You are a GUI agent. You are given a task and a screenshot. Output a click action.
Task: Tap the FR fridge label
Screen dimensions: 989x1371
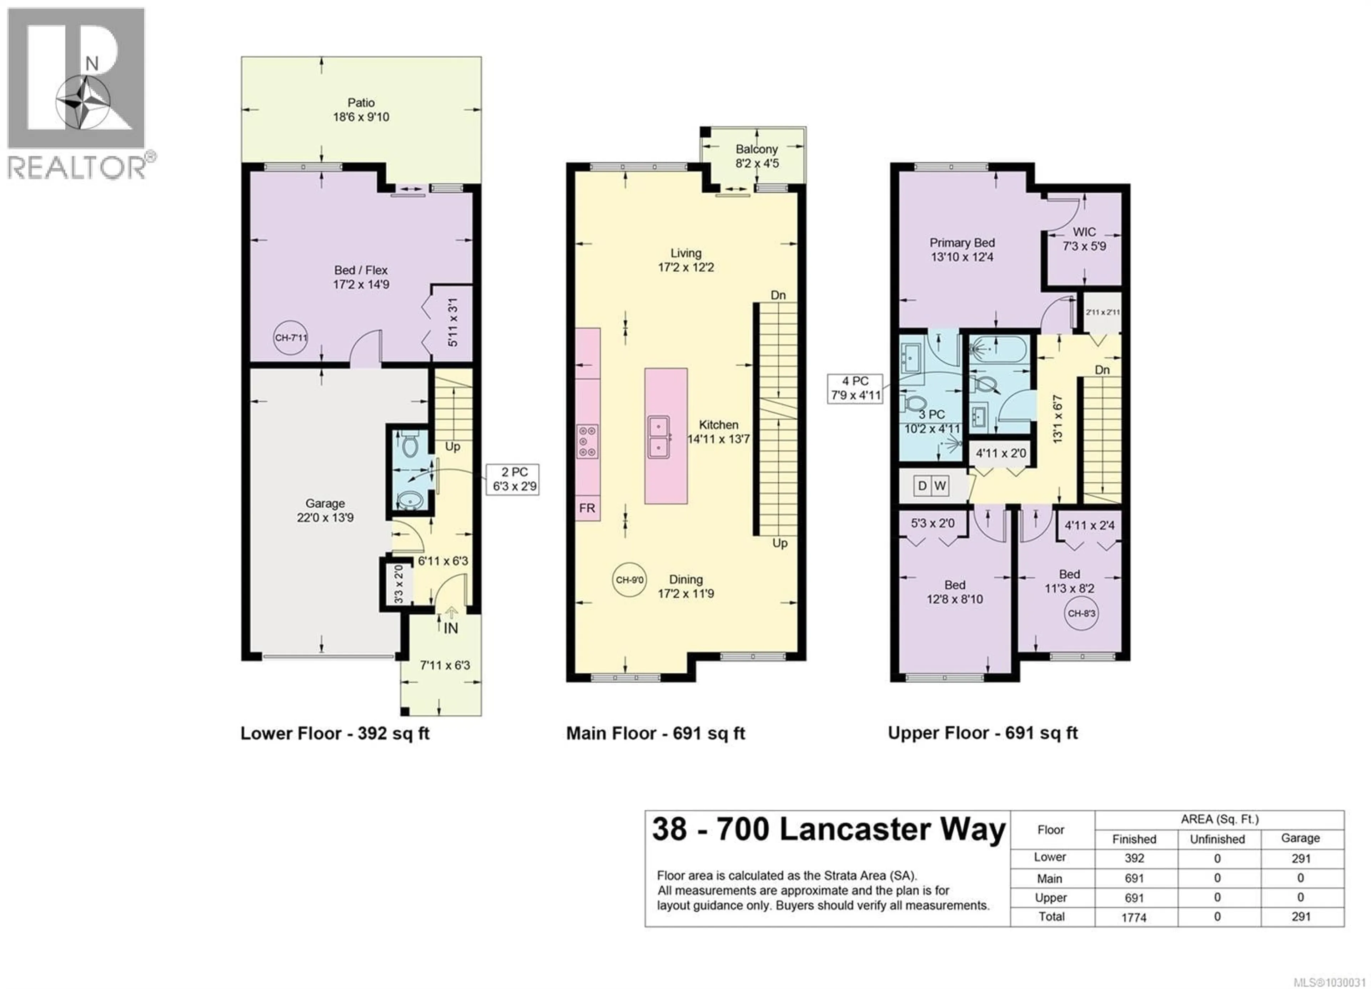(x=587, y=508)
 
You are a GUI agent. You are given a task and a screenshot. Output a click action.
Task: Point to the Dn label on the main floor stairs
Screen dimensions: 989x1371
(x=778, y=295)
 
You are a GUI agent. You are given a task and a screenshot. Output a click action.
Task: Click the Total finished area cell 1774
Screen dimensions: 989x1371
(x=1134, y=917)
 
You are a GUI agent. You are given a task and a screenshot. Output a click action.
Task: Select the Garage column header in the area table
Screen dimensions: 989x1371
(x=1300, y=838)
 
